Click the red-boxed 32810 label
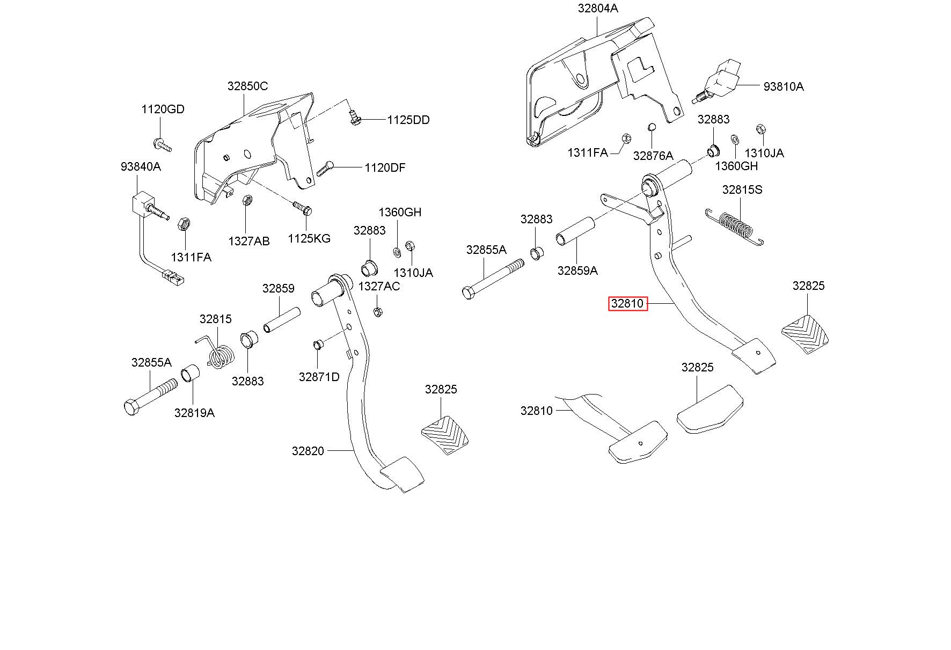(627, 304)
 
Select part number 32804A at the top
(598, 9)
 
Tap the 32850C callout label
(247, 86)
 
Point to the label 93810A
(784, 87)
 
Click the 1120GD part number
(163, 109)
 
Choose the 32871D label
(319, 377)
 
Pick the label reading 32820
(308, 451)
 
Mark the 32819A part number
(194, 413)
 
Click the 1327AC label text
(379, 287)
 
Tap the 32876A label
(653, 156)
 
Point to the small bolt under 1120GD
(162, 144)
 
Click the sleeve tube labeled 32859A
(575, 231)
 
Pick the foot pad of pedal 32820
(401, 474)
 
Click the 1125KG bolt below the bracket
(303, 208)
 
